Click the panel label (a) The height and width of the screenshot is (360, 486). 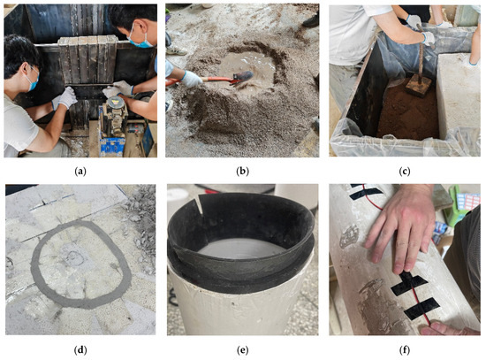80,171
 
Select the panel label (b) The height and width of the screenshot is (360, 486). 242,171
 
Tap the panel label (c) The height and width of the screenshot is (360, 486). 405,171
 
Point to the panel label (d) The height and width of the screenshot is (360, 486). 80,350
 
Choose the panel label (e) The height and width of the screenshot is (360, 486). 242,350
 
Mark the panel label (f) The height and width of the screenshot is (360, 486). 405,350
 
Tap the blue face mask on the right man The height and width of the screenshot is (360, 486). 140,41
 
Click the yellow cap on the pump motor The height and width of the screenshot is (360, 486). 114,101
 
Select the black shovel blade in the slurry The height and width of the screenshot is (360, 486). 243,77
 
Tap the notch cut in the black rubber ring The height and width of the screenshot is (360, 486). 200,204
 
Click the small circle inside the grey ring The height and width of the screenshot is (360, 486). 74,257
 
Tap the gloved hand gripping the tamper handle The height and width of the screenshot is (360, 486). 428,38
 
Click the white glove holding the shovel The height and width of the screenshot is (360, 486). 191,79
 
